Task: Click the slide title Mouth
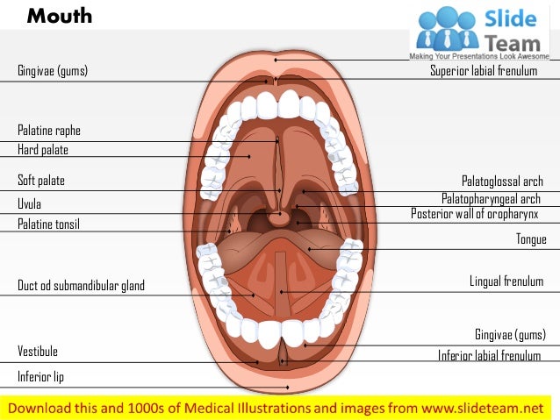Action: click(59, 17)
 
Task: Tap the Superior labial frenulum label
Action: click(483, 71)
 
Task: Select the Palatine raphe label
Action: click(49, 131)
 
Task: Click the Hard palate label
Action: click(43, 150)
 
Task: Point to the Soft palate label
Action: click(41, 181)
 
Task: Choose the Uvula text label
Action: click(30, 204)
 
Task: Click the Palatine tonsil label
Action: click(48, 224)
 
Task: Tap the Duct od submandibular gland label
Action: click(81, 286)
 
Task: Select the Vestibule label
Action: click(38, 352)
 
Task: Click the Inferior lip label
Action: click(40, 377)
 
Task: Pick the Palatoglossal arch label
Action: click(502, 182)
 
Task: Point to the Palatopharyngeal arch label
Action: click(491, 199)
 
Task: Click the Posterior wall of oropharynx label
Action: click(474, 214)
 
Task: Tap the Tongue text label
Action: click(531, 239)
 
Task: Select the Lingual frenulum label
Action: click(506, 281)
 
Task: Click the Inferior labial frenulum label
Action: click(489, 355)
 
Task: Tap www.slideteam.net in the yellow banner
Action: click(482, 408)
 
